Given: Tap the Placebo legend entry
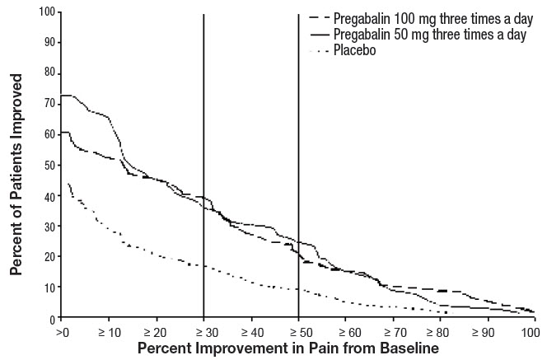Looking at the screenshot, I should tap(353, 52).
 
